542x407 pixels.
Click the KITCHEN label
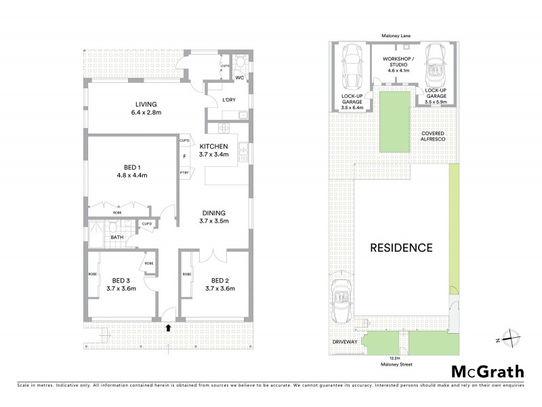(x=213, y=146)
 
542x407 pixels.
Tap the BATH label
(x=117, y=237)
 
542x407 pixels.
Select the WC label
(x=238, y=78)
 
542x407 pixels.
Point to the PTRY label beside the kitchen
(x=184, y=172)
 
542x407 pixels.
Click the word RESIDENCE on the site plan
(x=400, y=248)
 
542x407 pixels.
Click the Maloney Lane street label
(x=397, y=35)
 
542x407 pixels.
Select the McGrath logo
(x=487, y=371)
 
